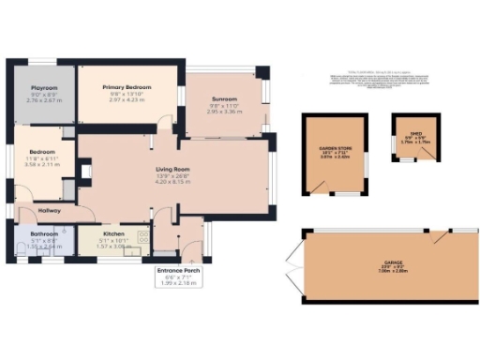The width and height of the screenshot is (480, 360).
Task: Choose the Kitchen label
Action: pyautogui.click(x=114, y=233)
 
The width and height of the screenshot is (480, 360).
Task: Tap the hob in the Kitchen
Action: pyautogui.click(x=140, y=238)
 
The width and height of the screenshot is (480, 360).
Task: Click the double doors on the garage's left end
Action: pyautogui.click(x=299, y=265)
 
